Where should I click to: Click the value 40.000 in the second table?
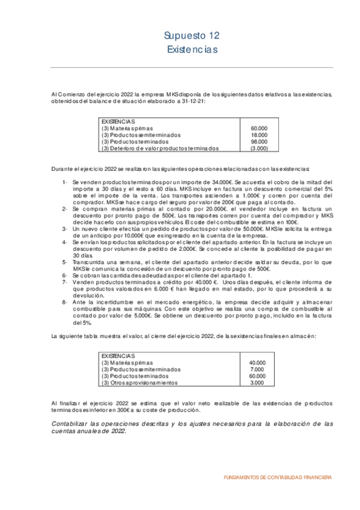pos(257,363)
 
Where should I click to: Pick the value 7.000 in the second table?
pos(257,369)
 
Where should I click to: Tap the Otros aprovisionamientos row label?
pos(139,382)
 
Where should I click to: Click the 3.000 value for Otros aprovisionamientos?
pos(257,382)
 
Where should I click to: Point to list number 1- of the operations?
pos(65,182)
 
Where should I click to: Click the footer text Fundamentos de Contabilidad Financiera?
pos(276,477)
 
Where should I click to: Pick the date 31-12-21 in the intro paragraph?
pos(192,101)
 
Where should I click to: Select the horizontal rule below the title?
pos(188,67)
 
